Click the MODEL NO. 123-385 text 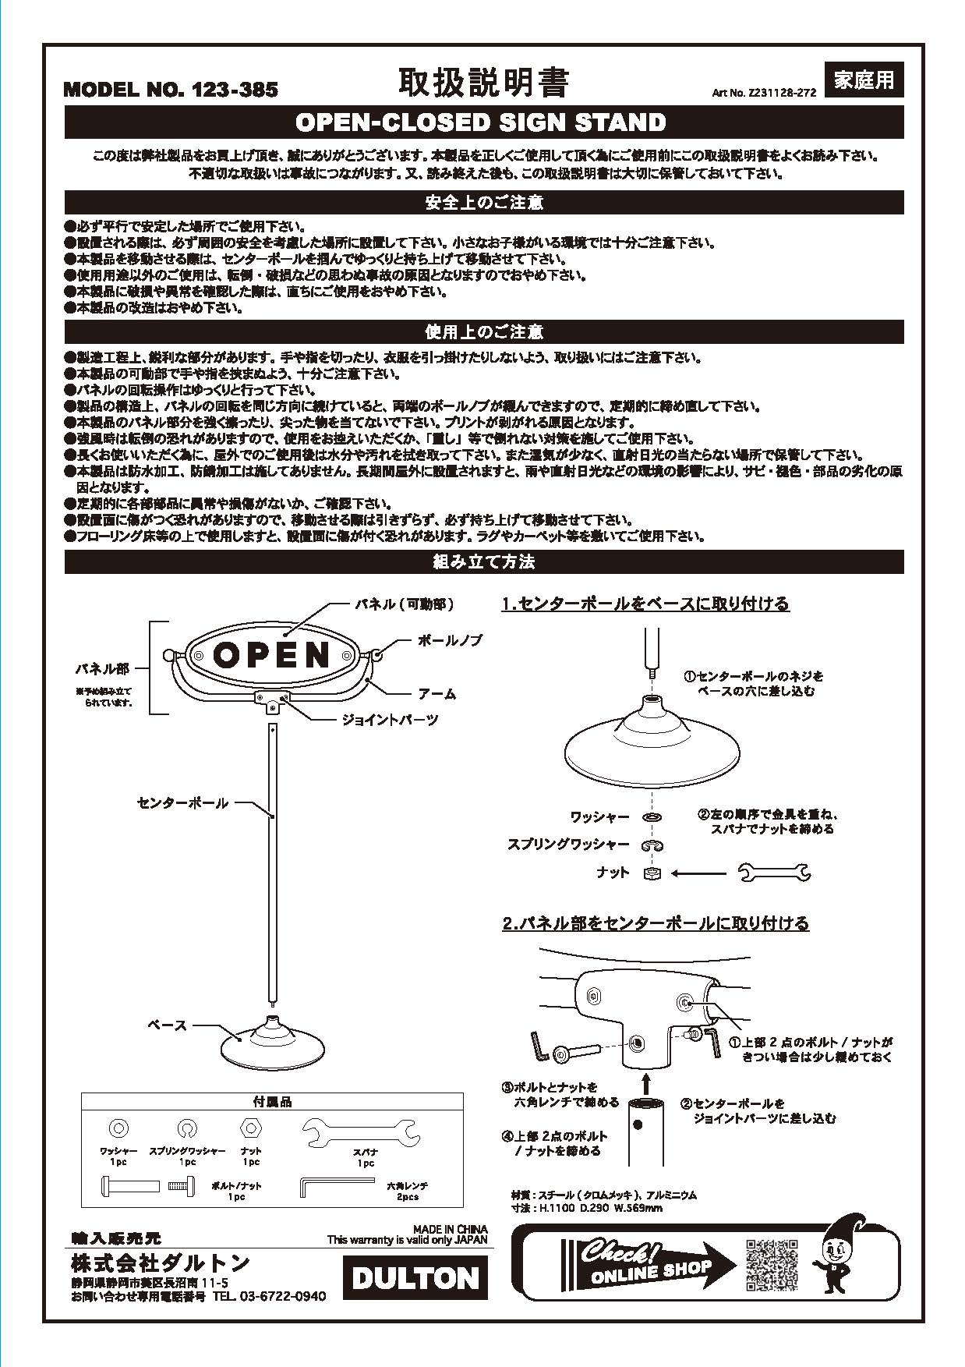pyautogui.click(x=170, y=90)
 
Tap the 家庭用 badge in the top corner pyautogui.click(x=863, y=80)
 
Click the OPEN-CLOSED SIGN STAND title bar pyautogui.click(x=483, y=122)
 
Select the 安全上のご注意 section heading pyautogui.click(x=483, y=203)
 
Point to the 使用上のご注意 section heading pyautogui.click(x=483, y=332)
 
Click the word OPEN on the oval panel pyautogui.click(x=272, y=655)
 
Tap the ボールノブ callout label pyautogui.click(x=450, y=640)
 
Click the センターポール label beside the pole pyautogui.click(x=182, y=802)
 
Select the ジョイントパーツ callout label pyautogui.click(x=390, y=720)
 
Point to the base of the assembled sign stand pyautogui.click(x=270, y=1043)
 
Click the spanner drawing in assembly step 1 pyautogui.click(x=773, y=873)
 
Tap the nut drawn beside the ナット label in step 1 pyautogui.click(x=652, y=873)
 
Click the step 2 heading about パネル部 pyautogui.click(x=655, y=923)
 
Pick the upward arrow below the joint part pyautogui.click(x=645, y=1082)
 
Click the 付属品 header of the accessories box pyautogui.click(x=272, y=1102)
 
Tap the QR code pyautogui.click(x=772, y=1264)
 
